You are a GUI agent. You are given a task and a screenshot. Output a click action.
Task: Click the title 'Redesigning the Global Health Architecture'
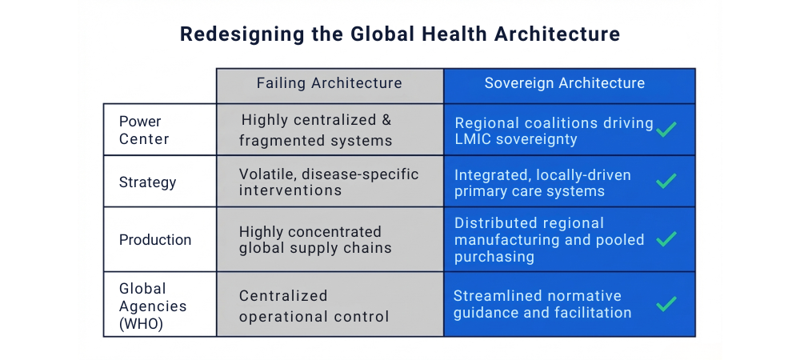pyautogui.click(x=399, y=34)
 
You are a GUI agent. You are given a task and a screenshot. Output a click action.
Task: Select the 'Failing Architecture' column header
pyautogui.click(x=329, y=83)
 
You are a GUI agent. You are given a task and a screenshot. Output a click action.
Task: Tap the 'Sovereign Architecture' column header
pyautogui.click(x=565, y=83)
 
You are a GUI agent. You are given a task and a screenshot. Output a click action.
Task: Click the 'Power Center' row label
pyautogui.click(x=144, y=130)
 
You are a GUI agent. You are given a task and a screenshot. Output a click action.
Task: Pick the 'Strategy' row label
pyautogui.click(x=147, y=182)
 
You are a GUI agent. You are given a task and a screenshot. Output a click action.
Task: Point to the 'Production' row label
pyautogui.click(x=155, y=240)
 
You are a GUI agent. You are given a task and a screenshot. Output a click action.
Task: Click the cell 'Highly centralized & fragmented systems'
pyautogui.click(x=317, y=130)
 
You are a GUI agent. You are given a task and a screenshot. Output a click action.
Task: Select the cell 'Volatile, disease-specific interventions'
pyautogui.click(x=329, y=182)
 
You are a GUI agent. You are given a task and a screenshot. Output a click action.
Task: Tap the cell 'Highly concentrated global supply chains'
pyautogui.click(x=315, y=240)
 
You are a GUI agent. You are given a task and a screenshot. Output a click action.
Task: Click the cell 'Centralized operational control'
pyautogui.click(x=314, y=306)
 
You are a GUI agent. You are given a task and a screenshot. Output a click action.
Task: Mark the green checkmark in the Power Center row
pyautogui.click(x=666, y=129)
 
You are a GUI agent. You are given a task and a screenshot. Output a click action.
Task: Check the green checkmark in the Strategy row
pyautogui.click(x=666, y=182)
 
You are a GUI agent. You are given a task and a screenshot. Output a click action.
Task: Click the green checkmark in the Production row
pyautogui.click(x=666, y=238)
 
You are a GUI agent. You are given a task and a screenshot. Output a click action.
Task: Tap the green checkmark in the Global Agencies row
pyautogui.click(x=666, y=304)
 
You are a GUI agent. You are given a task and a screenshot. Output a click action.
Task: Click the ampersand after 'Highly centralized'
pyautogui.click(x=386, y=121)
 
